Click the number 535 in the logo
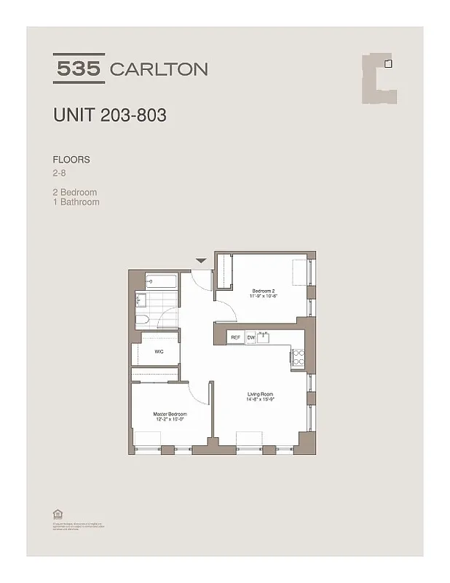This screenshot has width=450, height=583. click(79, 69)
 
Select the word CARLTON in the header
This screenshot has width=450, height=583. click(158, 69)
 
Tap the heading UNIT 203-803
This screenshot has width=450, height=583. click(109, 114)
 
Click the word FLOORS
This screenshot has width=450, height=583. click(71, 159)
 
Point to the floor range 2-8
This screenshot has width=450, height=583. click(60, 173)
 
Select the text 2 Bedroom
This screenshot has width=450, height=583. click(75, 192)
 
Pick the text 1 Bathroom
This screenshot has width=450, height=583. click(76, 202)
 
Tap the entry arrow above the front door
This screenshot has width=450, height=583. click(202, 260)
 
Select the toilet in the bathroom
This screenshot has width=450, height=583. click(143, 320)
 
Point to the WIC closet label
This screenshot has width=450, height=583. click(158, 351)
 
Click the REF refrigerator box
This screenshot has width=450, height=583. click(235, 337)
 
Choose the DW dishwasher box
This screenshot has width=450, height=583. click(250, 337)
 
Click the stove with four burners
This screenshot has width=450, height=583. click(298, 356)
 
